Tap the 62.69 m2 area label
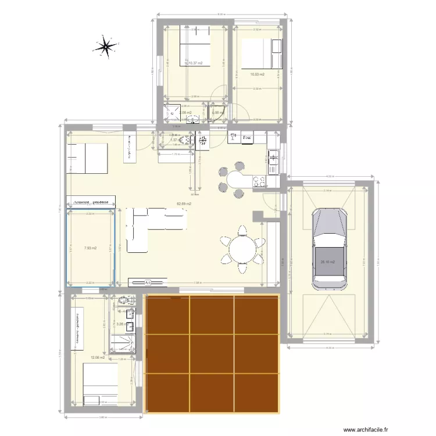tap(184, 204)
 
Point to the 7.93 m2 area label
tap(90, 248)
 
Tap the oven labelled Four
tap(247, 138)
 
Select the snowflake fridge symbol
tap(203, 140)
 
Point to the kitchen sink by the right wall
tap(273, 159)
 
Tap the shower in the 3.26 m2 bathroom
tap(125, 342)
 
